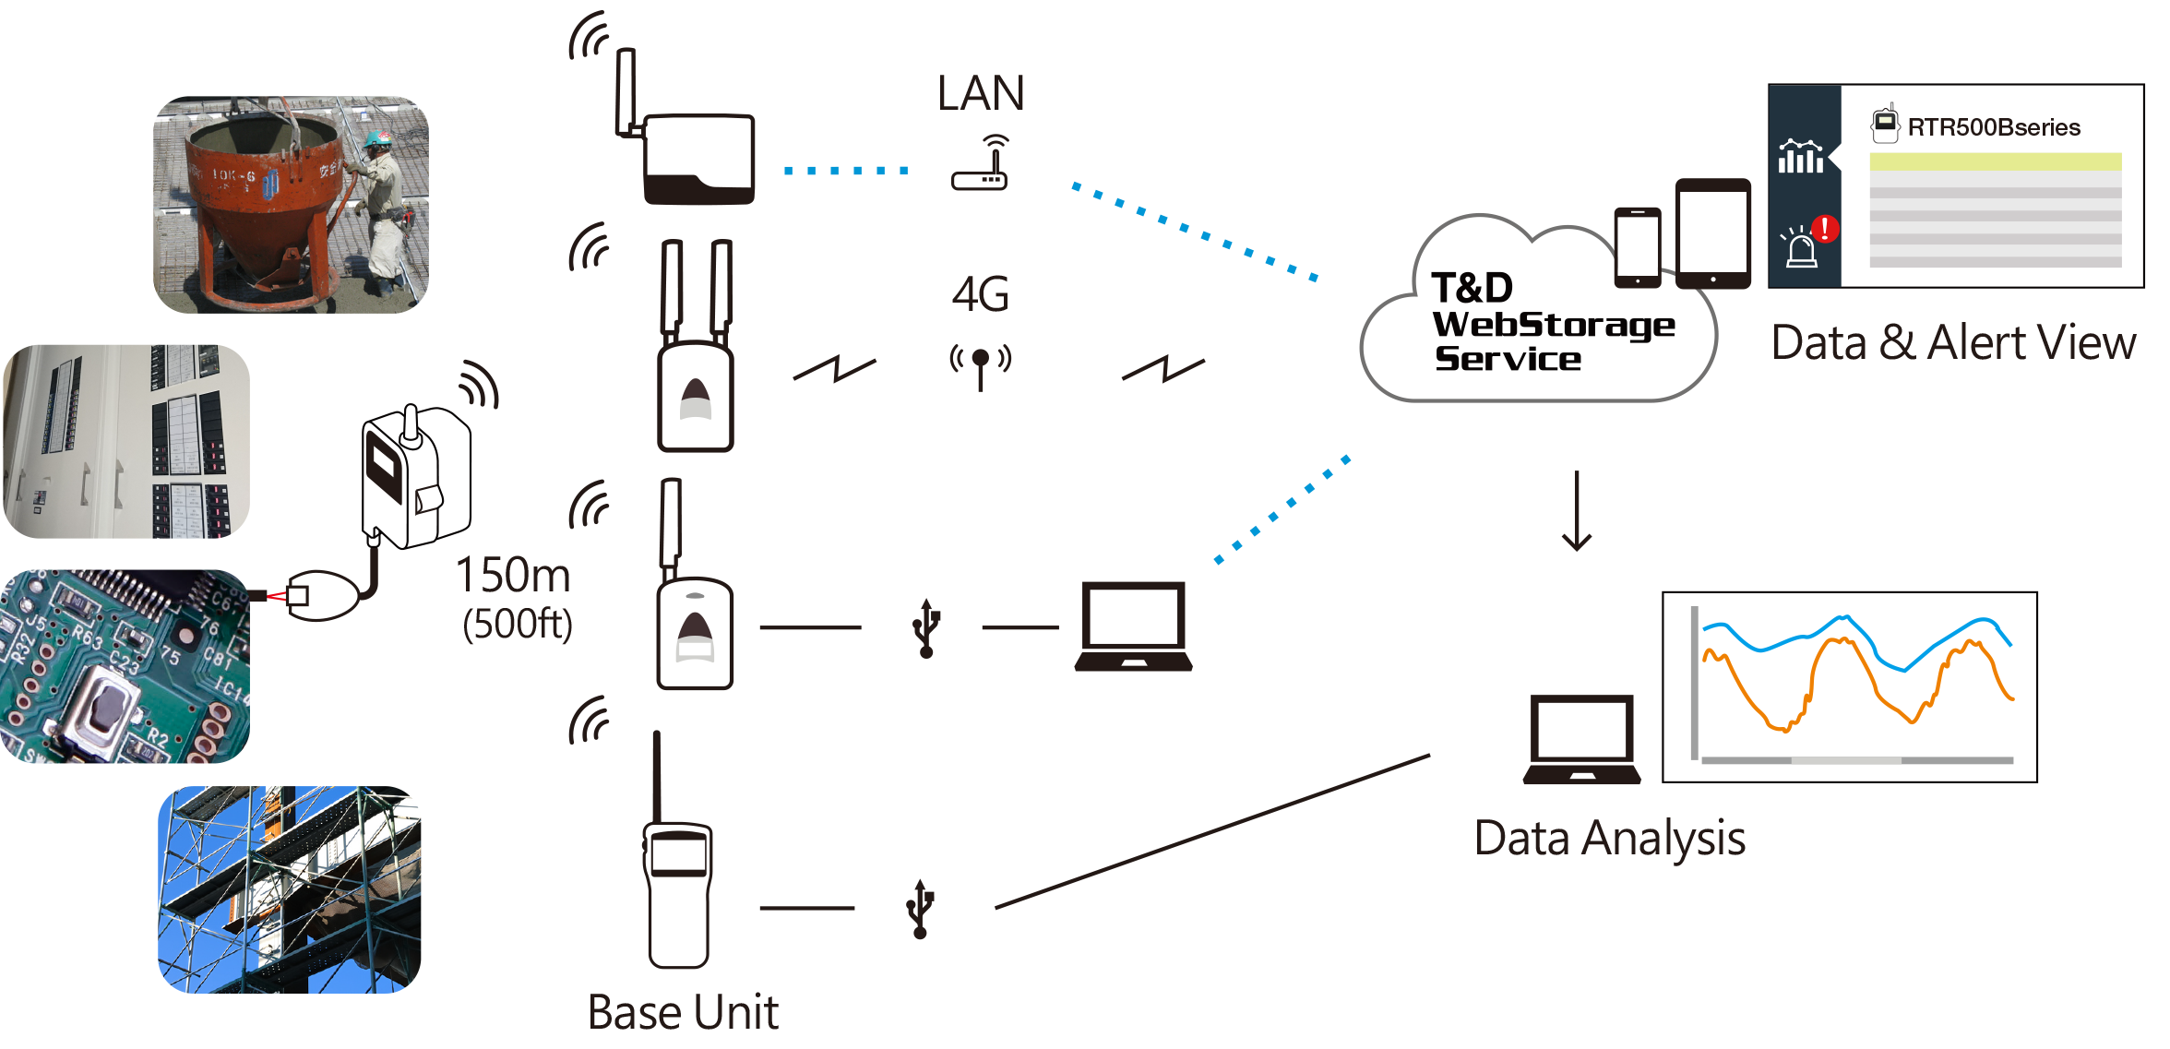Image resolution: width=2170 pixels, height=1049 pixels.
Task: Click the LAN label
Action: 981,93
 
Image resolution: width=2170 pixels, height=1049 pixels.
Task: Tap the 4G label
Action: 980,294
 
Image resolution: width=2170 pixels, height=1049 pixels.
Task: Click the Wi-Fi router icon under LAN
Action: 981,162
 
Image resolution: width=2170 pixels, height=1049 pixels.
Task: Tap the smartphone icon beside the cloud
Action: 1638,247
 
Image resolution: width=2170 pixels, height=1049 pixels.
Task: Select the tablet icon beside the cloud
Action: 1713,233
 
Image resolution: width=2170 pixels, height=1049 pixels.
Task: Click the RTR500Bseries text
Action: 1994,127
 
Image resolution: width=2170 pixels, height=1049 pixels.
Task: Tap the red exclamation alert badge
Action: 1825,228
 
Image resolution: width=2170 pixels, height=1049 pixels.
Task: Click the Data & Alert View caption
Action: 1953,343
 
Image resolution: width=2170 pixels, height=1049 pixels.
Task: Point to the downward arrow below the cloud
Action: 1577,510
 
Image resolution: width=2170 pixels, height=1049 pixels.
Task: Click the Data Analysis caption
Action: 1610,839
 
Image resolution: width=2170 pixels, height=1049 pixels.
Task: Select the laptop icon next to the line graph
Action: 1581,739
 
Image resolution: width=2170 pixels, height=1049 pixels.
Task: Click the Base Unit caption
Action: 683,1012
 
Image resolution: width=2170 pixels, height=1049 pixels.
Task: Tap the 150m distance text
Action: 514,575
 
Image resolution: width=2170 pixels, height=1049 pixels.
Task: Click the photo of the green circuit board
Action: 125,666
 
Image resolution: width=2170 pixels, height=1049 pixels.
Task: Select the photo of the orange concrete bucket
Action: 291,205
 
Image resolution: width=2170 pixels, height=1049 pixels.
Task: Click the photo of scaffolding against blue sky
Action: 290,889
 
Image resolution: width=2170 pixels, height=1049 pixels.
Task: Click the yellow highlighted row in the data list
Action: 1996,161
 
